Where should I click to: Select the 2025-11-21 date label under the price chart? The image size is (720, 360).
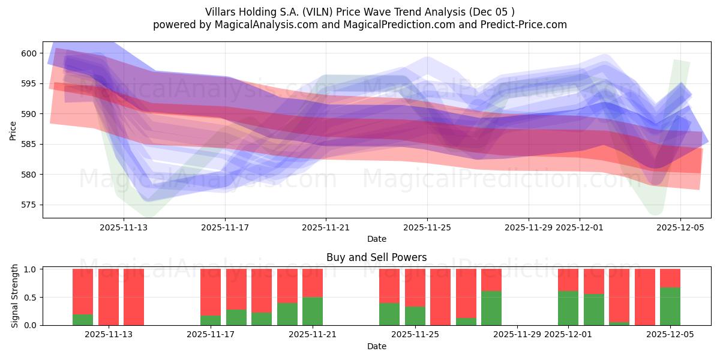(x=326, y=227)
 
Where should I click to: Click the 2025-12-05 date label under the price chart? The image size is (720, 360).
(x=680, y=227)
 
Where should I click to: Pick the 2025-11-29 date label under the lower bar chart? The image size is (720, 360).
(x=517, y=335)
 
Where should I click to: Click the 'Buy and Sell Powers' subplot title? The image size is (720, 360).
(x=376, y=257)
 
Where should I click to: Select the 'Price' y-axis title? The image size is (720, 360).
(x=13, y=130)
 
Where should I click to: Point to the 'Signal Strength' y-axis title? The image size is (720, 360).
(x=15, y=297)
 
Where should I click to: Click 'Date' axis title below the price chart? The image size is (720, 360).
(x=376, y=239)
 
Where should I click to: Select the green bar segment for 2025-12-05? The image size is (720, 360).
(x=670, y=306)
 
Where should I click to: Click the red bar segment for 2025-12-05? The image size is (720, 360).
(x=670, y=278)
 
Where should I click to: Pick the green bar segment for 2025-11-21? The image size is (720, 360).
(x=313, y=311)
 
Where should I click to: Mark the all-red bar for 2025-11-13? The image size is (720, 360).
(x=134, y=297)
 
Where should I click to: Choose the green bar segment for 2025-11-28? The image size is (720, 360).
(x=491, y=308)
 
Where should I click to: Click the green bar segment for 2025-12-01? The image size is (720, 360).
(x=568, y=308)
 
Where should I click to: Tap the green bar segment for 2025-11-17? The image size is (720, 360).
(x=211, y=320)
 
